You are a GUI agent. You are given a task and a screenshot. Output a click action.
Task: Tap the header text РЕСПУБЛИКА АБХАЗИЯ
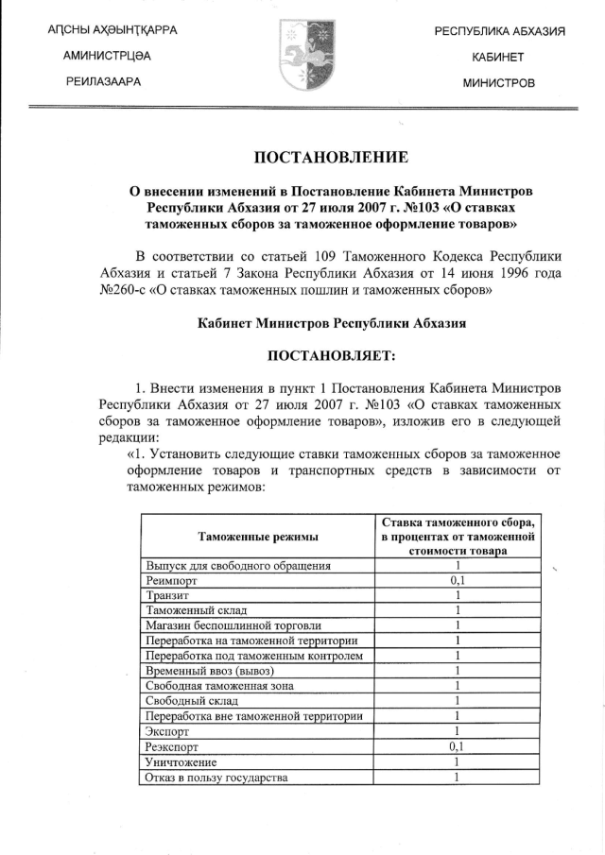pos(499,32)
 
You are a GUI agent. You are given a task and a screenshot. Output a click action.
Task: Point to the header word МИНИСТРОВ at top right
pos(499,83)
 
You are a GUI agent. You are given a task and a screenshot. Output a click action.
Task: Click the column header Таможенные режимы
pos(257,537)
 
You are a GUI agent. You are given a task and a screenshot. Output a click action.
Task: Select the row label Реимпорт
pos(171,581)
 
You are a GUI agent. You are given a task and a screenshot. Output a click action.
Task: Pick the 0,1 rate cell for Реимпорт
pos(457,581)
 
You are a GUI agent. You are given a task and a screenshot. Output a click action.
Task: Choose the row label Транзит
pos(168,596)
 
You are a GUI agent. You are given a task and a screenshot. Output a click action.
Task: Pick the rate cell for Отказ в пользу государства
pos(457,778)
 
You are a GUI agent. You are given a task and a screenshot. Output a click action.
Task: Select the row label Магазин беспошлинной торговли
pos(233,625)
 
